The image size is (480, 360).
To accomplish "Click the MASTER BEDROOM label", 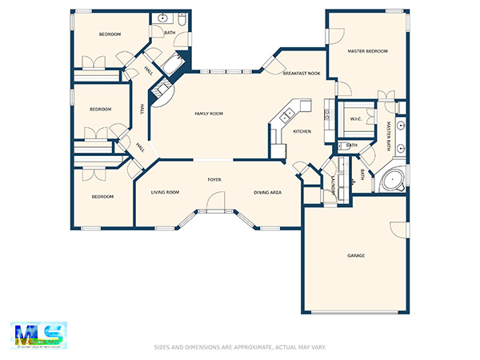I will click(x=367, y=51).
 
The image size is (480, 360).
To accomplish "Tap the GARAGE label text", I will click(x=356, y=255).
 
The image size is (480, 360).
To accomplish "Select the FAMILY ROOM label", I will click(x=209, y=114).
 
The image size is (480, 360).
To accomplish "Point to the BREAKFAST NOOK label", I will click(x=302, y=74).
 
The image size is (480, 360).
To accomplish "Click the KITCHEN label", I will click(x=302, y=131).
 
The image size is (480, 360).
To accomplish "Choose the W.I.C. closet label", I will click(x=356, y=119).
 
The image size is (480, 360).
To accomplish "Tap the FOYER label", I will click(x=214, y=180).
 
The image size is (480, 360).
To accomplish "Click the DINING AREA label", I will click(x=267, y=193).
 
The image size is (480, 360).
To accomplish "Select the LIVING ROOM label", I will click(x=165, y=193).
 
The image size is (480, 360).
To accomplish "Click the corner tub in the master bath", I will click(x=392, y=179).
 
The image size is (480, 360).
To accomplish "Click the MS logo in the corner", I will click(x=38, y=334).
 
